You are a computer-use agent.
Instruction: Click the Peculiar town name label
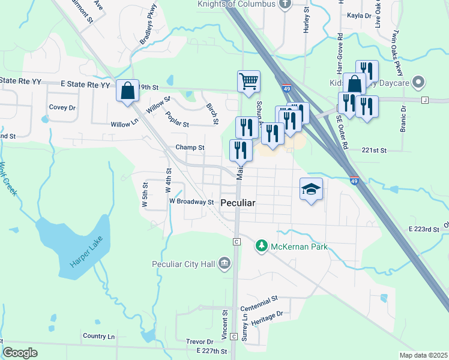tap(238, 203)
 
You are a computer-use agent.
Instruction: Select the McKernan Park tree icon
tap(261, 246)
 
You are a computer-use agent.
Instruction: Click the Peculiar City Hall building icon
tap(224, 263)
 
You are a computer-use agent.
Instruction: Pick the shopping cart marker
tap(249, 81)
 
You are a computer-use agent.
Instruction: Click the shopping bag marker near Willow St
tap(128, 91)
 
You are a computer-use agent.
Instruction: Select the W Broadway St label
tap(191, 202)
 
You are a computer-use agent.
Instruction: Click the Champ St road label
tap(190, 147)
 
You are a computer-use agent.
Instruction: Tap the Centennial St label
tap(259, 302)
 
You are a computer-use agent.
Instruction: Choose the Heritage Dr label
tap(265, 319)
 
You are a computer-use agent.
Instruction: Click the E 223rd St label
tap(424, 229)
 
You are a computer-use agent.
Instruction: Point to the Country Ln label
tap(98, 336)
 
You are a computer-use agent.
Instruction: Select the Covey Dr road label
tap(62, 107)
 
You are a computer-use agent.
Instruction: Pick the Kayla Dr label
tap(360, 15)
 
